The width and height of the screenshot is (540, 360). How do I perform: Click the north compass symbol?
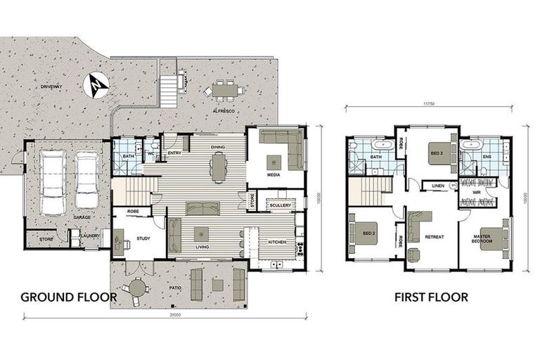[x=96, y=85]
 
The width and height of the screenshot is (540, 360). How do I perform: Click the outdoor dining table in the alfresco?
[x=225, y=90]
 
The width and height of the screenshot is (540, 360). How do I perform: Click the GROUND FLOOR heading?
[x=68, y=297]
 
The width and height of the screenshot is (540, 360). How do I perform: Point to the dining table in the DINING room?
[x=219, y=167]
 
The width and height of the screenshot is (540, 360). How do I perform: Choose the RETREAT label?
[x=435, y=237]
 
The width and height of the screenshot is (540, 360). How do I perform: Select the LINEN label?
[x=437, y=186]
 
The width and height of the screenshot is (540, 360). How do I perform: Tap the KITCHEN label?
[x=277, y=242]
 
